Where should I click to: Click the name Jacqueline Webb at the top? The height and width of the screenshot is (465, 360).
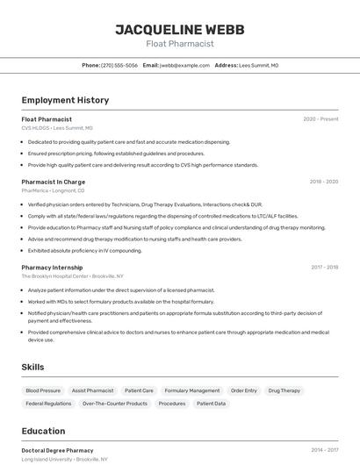point(179,29)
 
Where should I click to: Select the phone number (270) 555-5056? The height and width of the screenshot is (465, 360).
point(119,65)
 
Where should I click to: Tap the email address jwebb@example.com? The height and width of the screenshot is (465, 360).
point(179,65)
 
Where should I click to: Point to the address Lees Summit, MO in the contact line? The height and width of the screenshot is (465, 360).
point(259,65)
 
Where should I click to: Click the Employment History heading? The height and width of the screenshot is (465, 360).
point(65,100)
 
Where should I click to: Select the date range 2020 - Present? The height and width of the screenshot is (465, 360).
point(320,119)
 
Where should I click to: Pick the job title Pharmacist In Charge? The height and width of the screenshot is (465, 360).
point(53,182)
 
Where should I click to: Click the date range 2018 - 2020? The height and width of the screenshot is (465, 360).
point(323,182)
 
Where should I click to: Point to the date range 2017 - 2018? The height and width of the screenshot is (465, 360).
point(324,267)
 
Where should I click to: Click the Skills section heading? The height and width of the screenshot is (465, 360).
point(33,367)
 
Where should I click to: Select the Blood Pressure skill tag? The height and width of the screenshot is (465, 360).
point(43,390)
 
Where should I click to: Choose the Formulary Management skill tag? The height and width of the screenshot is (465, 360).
point(192,390)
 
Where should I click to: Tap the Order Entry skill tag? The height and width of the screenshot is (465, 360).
point(244,390)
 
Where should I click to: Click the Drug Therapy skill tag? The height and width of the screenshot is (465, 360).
point(284,390)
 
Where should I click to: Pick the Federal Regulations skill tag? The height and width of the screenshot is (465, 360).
point(48,404)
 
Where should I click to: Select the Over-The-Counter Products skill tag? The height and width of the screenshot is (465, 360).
point(115,404)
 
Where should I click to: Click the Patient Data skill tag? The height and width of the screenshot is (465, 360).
point(211,404)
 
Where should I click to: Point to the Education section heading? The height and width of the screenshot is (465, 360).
point(43,431)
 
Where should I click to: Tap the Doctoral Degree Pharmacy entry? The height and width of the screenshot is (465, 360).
point(57,450)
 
